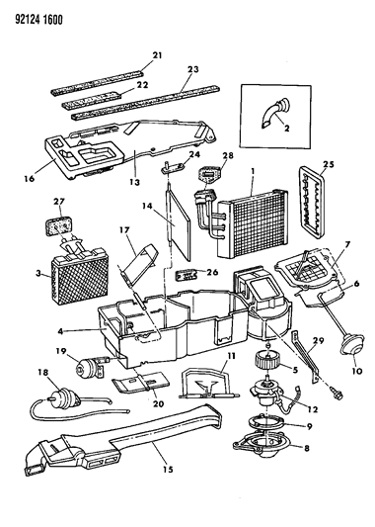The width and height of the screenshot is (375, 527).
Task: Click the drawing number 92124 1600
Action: [38, 20]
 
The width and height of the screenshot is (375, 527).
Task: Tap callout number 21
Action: [157, 55]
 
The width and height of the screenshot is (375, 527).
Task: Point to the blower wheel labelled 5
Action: [266, 360]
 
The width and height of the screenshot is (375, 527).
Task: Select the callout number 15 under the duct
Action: [168, 470]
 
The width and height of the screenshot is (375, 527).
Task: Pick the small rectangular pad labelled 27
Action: [60, 225]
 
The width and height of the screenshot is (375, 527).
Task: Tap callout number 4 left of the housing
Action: [60, 330]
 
